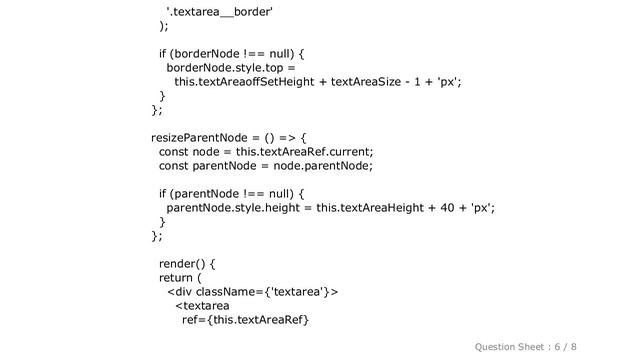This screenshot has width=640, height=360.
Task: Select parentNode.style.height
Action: pyautogui.click(x=235, y=207)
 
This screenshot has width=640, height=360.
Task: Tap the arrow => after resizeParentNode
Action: pyautogui.click(x=283, y=137)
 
